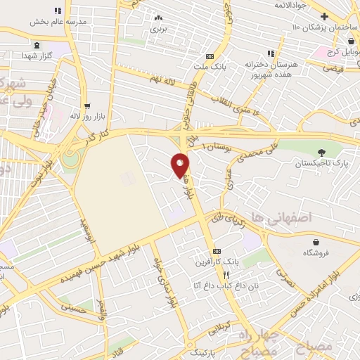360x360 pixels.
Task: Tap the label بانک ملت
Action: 209,67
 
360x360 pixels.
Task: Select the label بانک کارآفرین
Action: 216,262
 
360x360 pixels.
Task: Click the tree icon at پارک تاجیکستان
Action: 321,153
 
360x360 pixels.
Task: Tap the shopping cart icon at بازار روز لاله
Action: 87,108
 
